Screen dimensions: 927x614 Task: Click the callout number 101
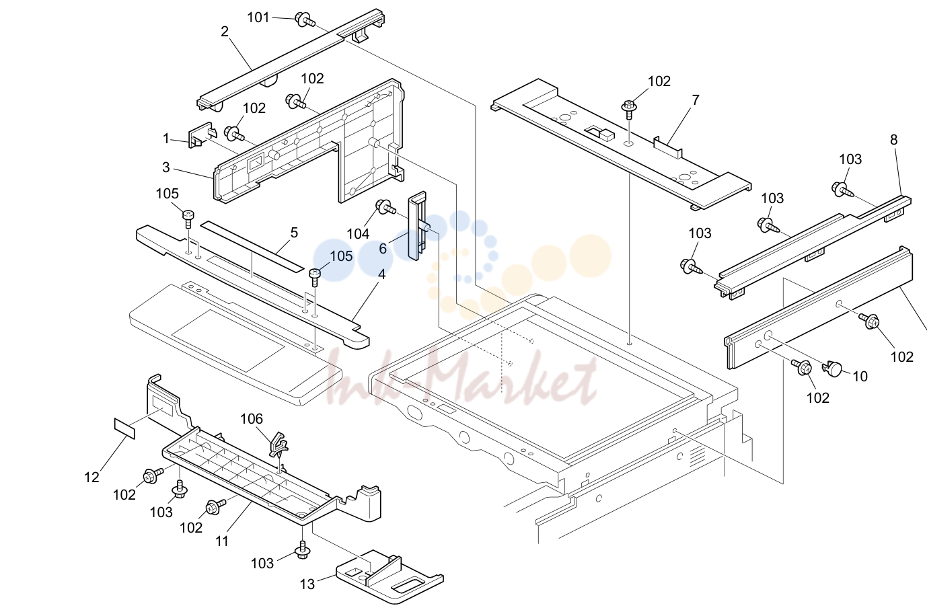[258, 17]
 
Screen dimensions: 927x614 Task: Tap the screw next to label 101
[305, 20]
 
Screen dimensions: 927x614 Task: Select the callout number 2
[225, 32]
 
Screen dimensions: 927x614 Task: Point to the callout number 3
[166, 167]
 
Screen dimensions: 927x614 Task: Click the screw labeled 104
[384, 207]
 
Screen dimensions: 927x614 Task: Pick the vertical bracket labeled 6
[417, 226]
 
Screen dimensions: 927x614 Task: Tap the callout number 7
[696, 100]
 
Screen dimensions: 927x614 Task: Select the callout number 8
[894, 140]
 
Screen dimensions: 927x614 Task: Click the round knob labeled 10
[832, 368]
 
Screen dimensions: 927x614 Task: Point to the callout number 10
[860, 377]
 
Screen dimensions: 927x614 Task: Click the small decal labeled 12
[124, 428]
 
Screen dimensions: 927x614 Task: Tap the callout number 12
[92, 477]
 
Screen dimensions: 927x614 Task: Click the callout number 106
[252, 419]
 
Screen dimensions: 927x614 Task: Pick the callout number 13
[307, 584]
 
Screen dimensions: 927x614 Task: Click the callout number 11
[222, 541]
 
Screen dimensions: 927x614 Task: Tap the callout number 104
[358, 234]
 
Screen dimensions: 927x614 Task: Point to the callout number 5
[294, 233]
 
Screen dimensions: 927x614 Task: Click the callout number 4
[381, 274]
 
